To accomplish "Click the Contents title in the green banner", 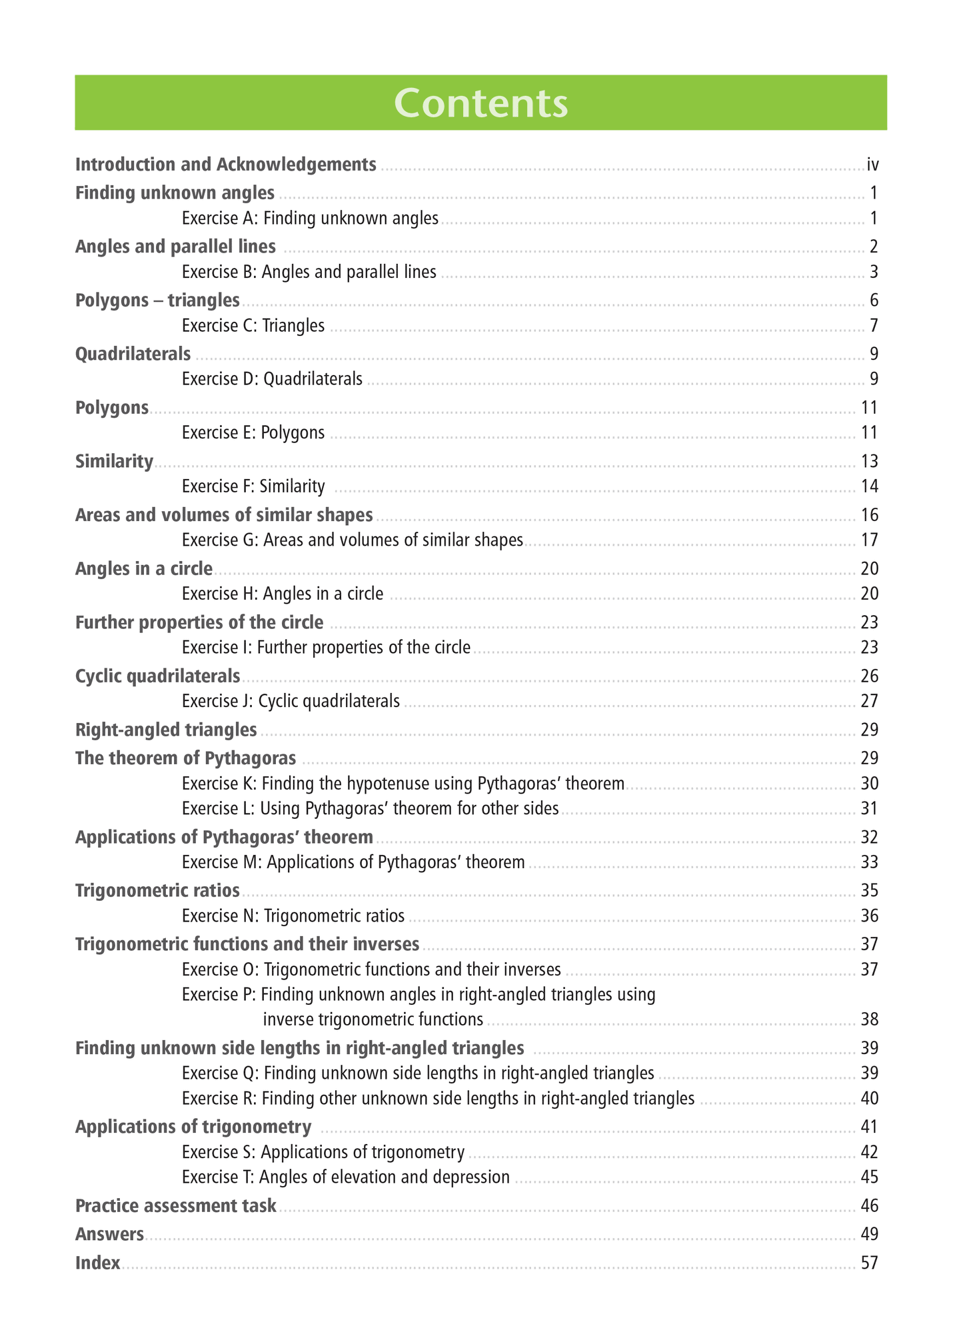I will point(481,103).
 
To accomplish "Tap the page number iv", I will point(872,165).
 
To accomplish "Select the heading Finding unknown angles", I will point(175,193).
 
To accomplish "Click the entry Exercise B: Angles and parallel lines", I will point(309,272).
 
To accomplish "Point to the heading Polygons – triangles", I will point(157,301).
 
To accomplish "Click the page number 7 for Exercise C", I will point(873,326).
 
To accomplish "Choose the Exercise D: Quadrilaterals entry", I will point(272,379).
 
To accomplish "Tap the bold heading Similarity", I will point(114,461).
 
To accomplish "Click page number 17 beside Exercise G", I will point(869,540).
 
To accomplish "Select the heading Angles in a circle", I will point(144,568).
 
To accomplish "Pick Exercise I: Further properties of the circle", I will point(326,647).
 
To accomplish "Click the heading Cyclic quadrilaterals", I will point(157,676).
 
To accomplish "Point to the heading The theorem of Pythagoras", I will point(185,758).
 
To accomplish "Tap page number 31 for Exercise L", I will point(869,808).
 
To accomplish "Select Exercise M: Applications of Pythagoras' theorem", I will point(353,862).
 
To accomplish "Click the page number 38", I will point(869,1019).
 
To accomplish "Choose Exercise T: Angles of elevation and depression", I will point(345,1177).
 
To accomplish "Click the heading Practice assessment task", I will point(175,1206).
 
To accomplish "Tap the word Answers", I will point(109,1235).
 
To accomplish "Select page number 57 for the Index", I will point(869,1263).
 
